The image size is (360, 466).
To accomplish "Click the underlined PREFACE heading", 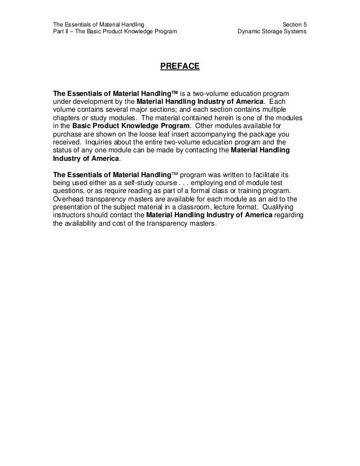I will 180,67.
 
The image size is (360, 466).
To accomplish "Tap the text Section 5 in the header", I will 294,24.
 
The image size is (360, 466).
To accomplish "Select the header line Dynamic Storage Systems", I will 273,32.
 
